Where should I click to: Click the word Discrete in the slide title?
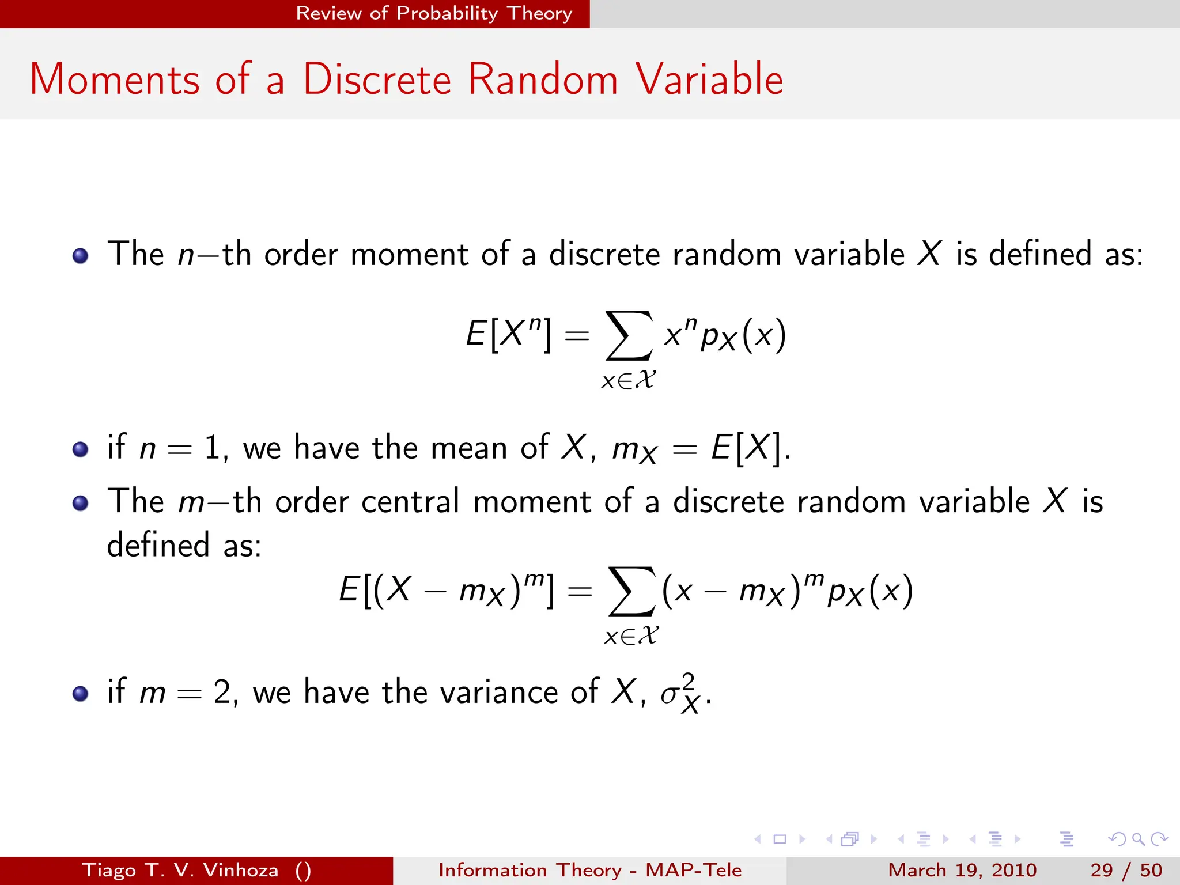coord(377,79)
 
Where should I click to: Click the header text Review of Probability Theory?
coord(434,13)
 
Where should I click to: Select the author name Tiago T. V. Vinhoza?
coord(180,870)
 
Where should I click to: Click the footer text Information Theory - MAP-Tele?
coord(589,870)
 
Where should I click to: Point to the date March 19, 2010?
coord(962,870)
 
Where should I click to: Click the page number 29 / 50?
coord(1126,870)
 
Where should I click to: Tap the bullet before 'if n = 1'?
coord(81,449)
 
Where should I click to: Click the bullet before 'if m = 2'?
coord(81,693)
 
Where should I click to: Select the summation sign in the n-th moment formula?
coord(629,335)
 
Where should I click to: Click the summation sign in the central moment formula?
coord(631,591)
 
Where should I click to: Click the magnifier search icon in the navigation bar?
coord(1138,839)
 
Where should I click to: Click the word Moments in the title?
coord(114,79)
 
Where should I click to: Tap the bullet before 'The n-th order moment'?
coord(81,256)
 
